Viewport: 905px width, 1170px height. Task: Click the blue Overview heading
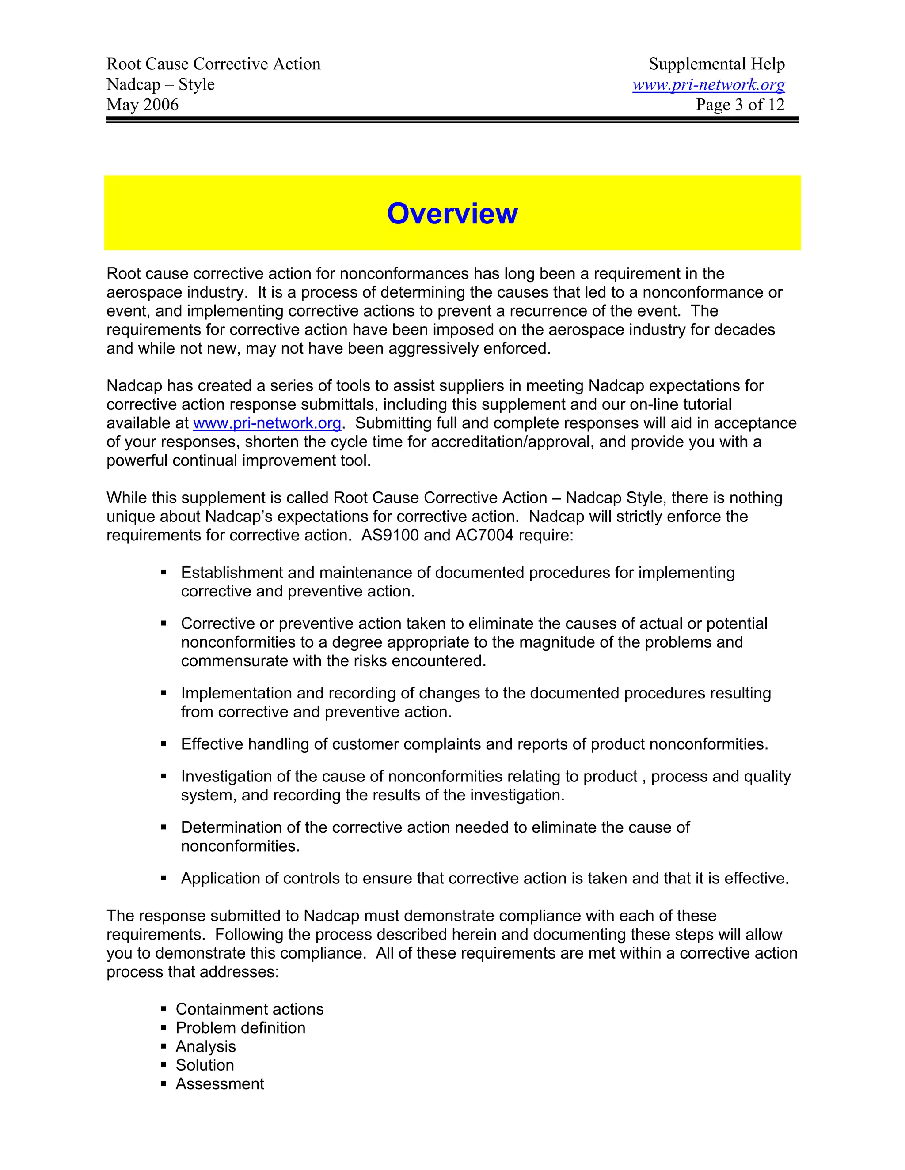[452, 213]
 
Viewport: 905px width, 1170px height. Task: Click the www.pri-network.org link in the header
[708, 85]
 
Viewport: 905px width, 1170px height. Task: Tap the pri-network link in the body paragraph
[267, 423]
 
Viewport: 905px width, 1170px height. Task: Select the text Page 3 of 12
[740, 105]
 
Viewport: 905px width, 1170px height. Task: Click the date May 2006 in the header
[143, 105]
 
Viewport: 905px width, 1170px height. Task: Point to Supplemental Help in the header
[716, 64]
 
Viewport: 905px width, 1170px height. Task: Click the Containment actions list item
[249, 1009]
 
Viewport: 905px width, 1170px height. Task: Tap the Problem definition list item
[240, 1027]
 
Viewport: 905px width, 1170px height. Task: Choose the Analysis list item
[205, 1046]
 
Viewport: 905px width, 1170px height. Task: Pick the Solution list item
[205, 1065]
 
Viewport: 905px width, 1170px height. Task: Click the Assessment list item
[220, 1084]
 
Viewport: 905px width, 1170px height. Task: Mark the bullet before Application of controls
[164, 879]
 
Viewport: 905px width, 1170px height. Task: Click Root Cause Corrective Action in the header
[213, 64]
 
